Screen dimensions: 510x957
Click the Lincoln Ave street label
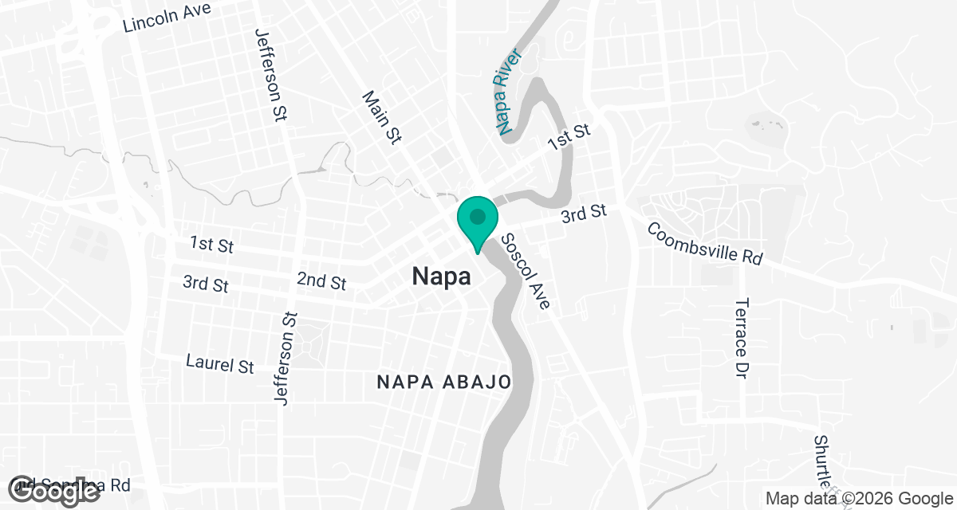tap(167, 18)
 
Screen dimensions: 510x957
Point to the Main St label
tap(380, 117)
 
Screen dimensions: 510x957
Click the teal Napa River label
tap(508, 92)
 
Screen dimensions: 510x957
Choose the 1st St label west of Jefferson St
tap(211, 244)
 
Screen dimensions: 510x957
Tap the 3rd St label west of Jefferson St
tap(206, 283)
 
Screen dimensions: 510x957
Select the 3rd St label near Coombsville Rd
tap(583, 214)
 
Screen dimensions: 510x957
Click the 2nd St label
tap(321, 281)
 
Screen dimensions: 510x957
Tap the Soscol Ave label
tap(526, 272)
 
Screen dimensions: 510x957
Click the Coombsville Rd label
tap(704, 244)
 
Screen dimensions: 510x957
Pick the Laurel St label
tap(219, 364)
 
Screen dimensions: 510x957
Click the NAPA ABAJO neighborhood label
tap(443, 382)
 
